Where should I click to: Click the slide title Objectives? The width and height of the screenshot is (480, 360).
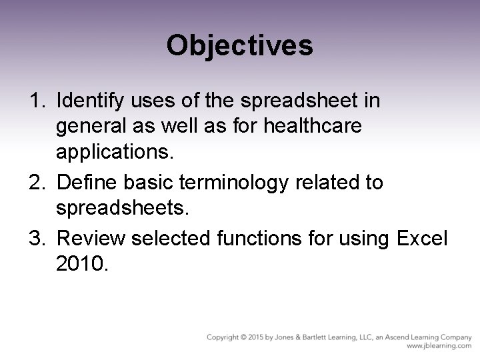(239, 45)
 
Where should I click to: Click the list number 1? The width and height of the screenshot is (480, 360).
(37, 101)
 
